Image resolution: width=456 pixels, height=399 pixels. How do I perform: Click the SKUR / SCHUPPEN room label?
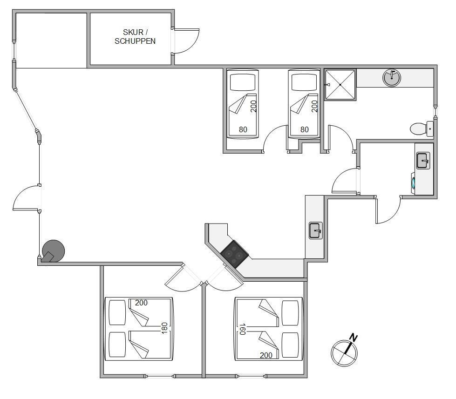click(x=135, y=37)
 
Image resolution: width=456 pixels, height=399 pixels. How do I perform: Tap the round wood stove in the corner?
click(x=53, y=251)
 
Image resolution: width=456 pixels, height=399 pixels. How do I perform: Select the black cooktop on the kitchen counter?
click(x=235, y=254)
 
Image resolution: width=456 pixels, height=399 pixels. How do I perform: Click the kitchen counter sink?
click(x=316, y=230)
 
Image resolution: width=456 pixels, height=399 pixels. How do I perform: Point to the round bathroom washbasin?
click(x=392, y=78)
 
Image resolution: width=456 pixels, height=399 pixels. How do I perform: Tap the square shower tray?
click(x=340, y=85)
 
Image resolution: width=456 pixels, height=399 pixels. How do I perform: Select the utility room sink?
click(x=423, y=161)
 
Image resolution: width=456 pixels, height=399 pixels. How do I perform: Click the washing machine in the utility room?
click(x=413, y=183)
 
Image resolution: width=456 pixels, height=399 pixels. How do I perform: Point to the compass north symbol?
click(x=344, y=353)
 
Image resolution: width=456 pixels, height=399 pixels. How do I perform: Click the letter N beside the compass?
click(x=354, y=338)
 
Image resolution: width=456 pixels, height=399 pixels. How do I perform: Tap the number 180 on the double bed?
click(x=164, y=328)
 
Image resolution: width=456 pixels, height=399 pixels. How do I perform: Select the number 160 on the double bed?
click(x=242, y=329)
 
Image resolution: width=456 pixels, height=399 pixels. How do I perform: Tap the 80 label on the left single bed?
click(x=243, y=129)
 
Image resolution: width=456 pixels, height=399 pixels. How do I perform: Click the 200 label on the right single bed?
click(x=314, y=106)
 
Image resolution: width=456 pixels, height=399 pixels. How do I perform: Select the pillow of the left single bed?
click(x=243, y=82)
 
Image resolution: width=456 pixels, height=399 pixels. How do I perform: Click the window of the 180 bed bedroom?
click(x=160, y=376)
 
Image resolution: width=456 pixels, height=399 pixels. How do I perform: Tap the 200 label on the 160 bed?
click(x=266, y=355)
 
